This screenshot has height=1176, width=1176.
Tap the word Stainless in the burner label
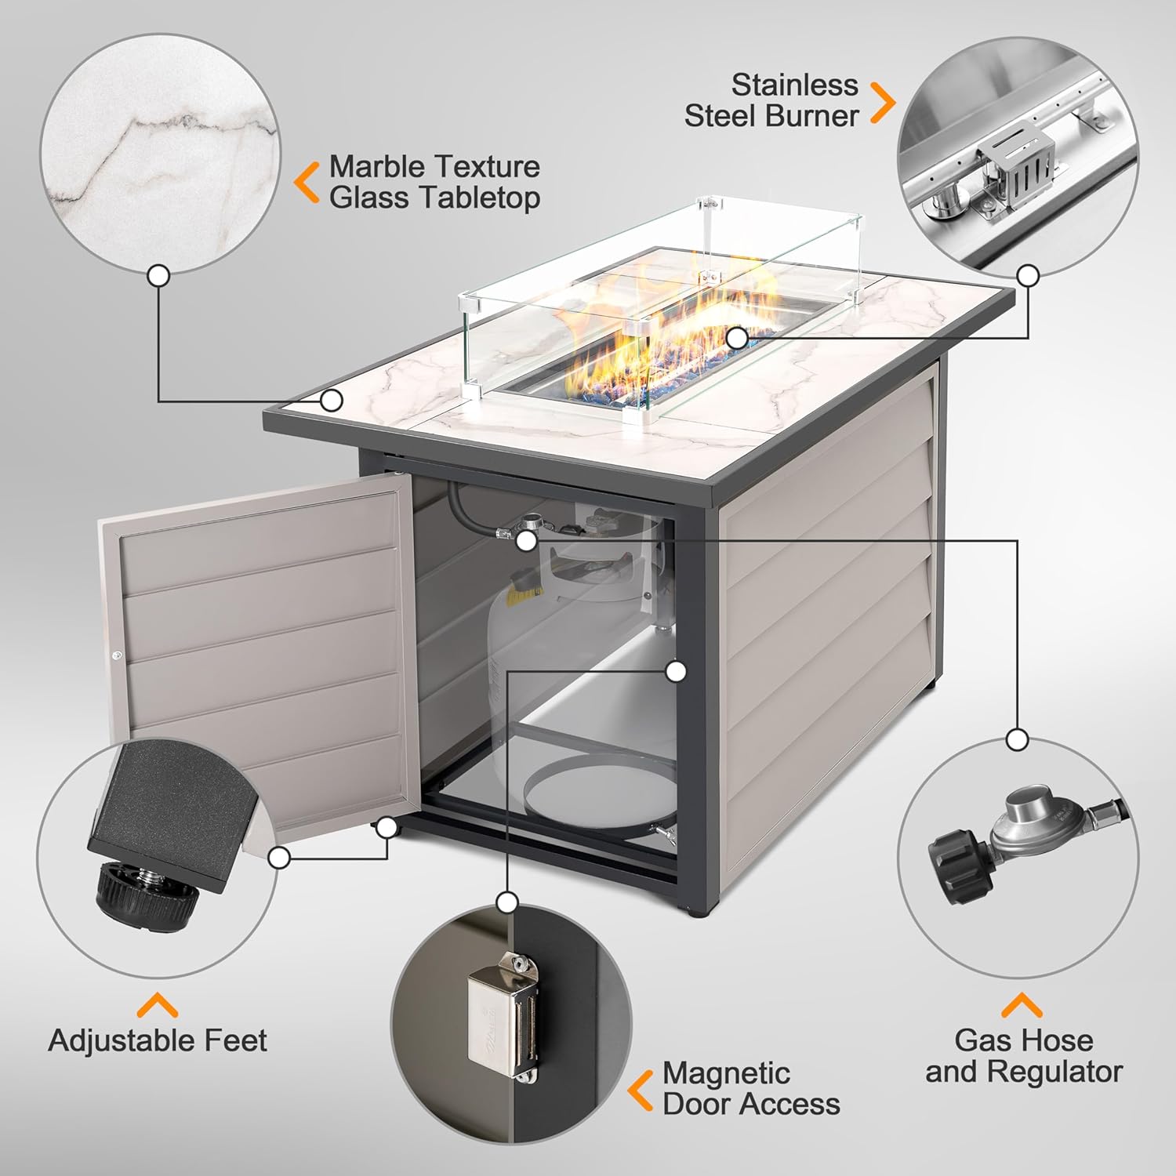(794, 85)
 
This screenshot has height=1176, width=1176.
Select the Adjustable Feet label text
(158, 1040)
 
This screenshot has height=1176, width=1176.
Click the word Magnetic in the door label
(726, 1073)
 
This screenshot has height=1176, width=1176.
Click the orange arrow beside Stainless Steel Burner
(883, 102)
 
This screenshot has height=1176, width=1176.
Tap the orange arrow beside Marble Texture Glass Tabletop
(307, 182)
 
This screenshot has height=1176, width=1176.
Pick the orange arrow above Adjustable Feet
(158, 1005)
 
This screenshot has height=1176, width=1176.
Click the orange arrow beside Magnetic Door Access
(641, 1090)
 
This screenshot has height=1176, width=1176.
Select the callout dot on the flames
(736, 338)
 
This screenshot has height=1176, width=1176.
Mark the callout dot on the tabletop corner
(332, 400)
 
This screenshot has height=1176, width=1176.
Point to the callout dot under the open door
(387, 826)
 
